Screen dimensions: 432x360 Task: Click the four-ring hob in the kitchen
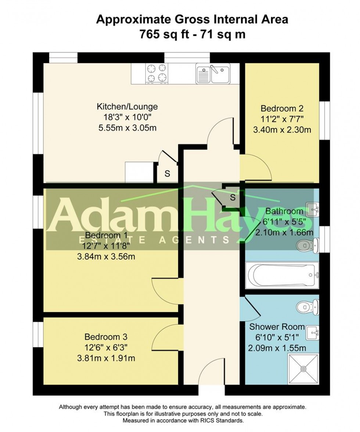click(x=156, y=73)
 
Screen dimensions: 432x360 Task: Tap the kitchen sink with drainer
click(x=213, y=73)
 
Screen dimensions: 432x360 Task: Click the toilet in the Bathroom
click(x=306, y=244)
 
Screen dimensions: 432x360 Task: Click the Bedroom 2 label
click(x=282, y=109)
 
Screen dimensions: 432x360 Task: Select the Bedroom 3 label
click(x=106, y=337)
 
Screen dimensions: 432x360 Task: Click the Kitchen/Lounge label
click(x=127, y=107)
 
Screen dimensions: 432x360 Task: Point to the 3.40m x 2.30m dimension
click(x=282, y=130)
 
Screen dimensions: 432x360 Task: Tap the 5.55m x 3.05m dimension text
click(x=127, y=128)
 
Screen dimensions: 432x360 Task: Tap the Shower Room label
click(x=277, y=327)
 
